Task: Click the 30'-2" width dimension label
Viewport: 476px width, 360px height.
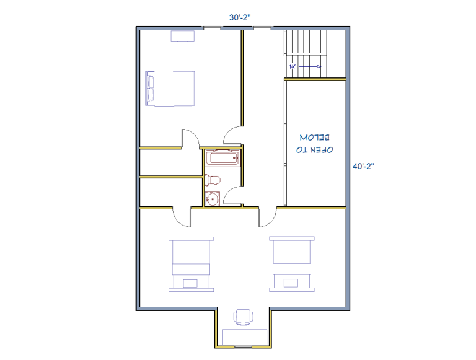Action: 240,17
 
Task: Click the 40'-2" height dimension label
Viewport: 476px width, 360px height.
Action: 363,166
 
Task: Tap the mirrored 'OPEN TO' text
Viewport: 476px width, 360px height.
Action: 314,150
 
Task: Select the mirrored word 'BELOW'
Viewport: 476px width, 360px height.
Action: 314,138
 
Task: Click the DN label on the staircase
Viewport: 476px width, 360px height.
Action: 293,66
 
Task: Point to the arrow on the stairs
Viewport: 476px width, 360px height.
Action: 310,66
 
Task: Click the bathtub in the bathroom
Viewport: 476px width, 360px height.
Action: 223,158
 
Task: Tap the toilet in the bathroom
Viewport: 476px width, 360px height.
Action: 213,180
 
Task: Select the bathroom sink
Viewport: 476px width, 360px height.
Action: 212,199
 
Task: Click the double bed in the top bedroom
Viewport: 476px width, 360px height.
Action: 170,89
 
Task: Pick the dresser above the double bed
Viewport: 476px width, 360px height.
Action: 182,36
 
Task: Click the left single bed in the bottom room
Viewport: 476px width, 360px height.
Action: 192,264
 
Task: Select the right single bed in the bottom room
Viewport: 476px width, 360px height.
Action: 292,264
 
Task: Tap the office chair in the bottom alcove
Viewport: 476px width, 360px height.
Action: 243,317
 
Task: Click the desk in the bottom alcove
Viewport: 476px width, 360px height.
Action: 244,337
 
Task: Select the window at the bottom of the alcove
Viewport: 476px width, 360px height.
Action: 244,346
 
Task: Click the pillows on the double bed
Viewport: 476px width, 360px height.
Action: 150,89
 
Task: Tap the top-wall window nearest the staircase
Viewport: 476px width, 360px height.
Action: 262,29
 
